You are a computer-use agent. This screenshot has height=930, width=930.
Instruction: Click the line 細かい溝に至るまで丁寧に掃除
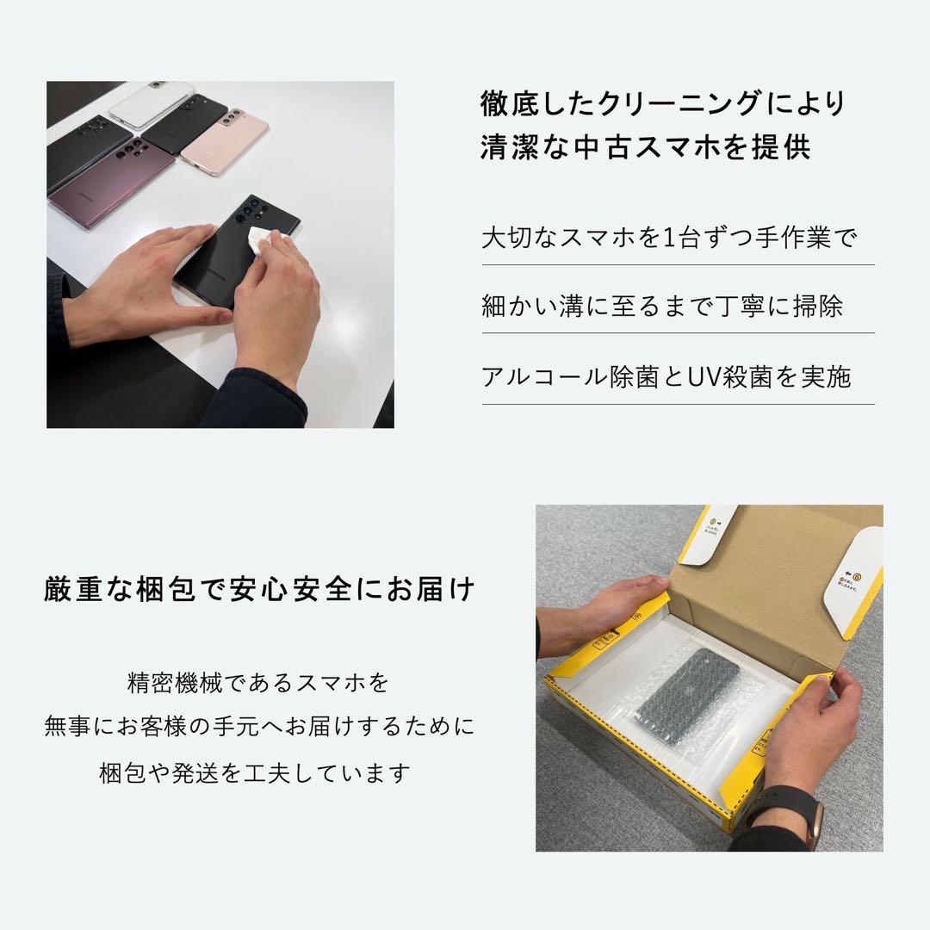point(662,307)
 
